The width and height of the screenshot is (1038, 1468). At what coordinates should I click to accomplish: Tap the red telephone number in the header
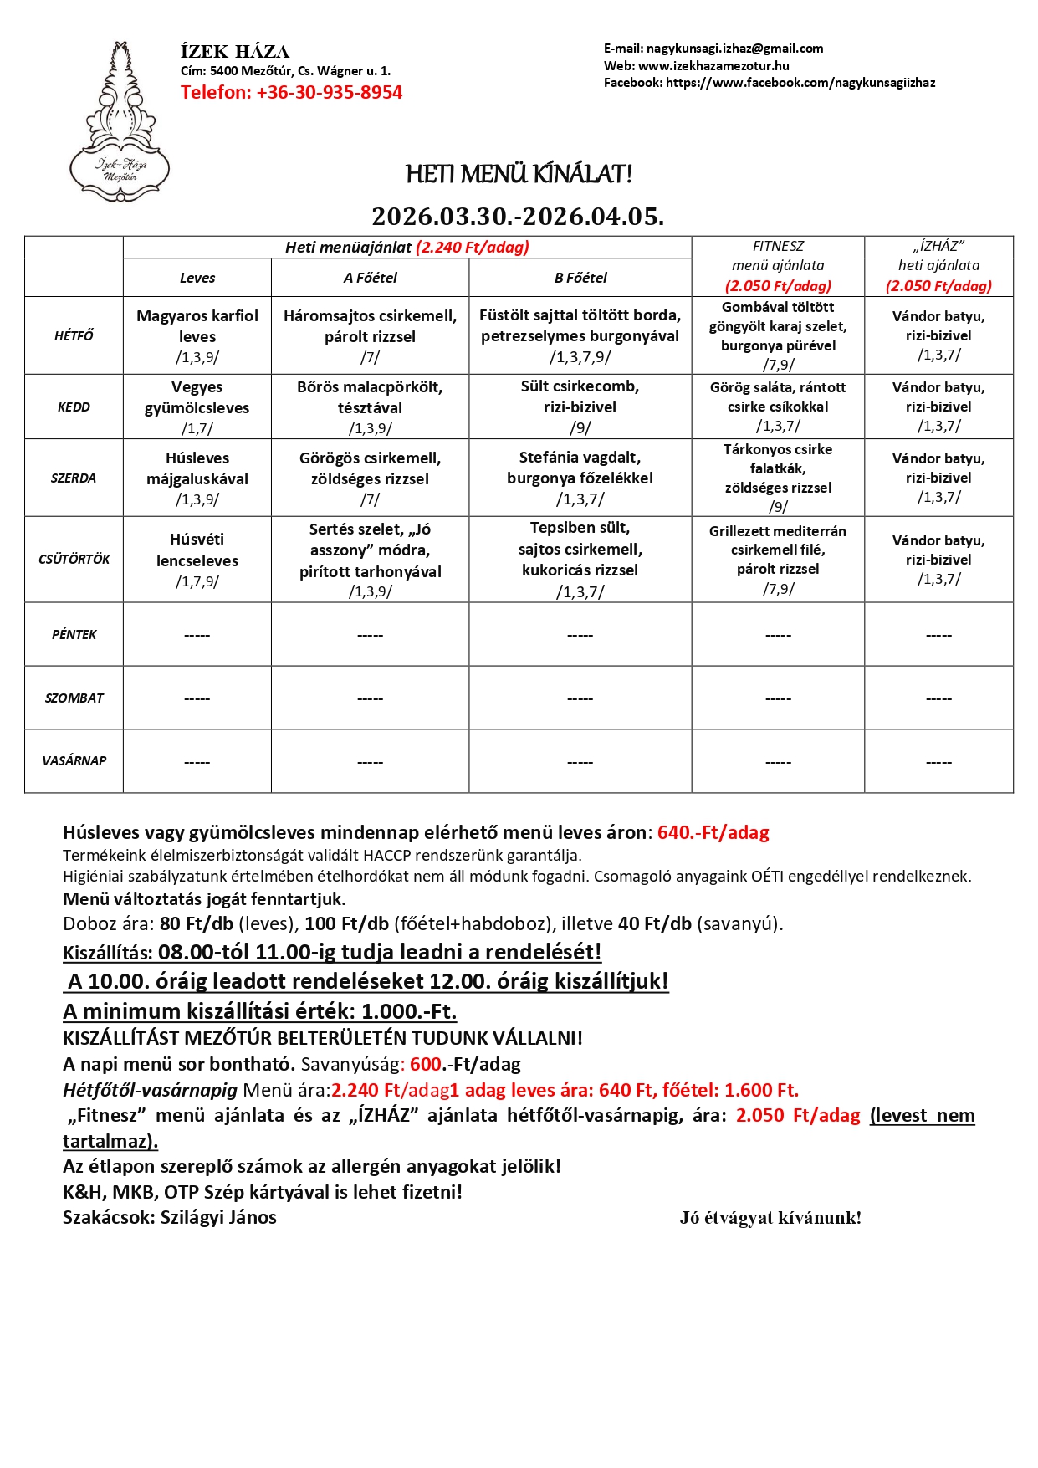click(291, 93)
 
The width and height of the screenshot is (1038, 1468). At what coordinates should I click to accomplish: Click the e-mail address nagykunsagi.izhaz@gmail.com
click(734, 49)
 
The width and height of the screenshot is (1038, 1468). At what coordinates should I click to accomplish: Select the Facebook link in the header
click(800, 83)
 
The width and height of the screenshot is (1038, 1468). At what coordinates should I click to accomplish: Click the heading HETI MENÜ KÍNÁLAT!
click(519, 174)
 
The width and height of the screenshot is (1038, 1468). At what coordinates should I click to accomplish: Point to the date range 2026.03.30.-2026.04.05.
click(518, 216)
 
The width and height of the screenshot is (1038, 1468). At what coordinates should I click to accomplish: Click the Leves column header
click(197, 278)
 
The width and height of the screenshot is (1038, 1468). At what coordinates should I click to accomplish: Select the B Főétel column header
click(580, 278)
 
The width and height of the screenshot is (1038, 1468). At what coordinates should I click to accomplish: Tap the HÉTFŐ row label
click(74, 335)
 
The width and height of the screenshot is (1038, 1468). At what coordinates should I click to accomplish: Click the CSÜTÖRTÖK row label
click(74, 559)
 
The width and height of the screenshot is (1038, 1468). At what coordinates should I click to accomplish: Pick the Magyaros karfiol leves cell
click(197, 335)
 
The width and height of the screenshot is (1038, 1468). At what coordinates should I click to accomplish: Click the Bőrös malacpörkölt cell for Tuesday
click(370, 407)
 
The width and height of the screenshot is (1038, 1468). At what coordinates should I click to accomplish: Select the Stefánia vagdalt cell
click(580, 478)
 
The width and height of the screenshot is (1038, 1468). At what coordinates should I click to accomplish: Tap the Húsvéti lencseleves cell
click(197, 559)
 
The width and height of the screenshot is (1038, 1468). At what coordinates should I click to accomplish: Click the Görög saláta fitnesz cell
click(778, 407)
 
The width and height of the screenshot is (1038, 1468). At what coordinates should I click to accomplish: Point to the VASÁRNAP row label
click(74, 760)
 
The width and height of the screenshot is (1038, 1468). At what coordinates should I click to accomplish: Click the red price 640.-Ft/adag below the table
click(713, 832)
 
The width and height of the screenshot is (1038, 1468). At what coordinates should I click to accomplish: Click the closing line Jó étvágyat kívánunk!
click(770, 1218)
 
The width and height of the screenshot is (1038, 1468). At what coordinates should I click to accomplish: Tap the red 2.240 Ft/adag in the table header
click(473, 247)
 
